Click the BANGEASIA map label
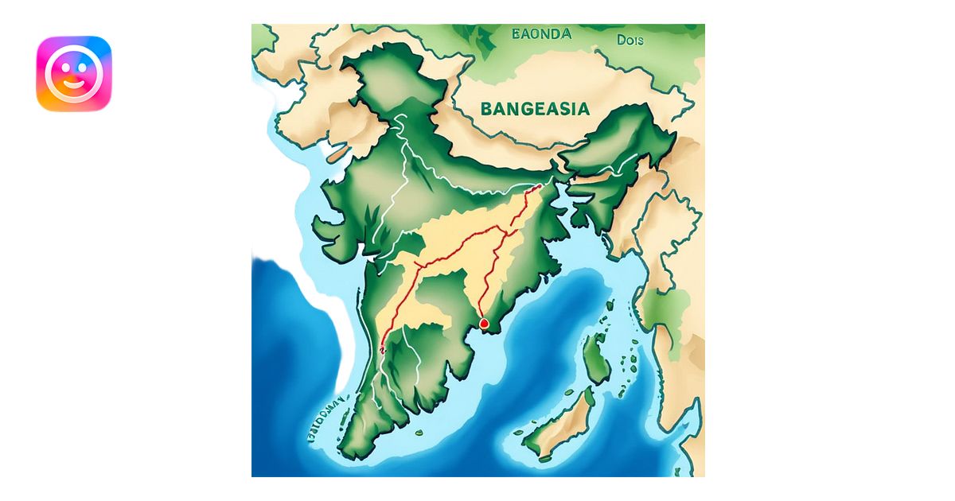pos(535,108)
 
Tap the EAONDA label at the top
pos(542,34)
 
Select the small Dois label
pos(630,40)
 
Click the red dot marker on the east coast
pos(484,324)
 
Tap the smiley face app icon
pos(74,73)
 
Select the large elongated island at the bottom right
pos(561,428)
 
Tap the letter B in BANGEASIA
pos(486,109)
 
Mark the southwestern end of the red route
pos(383,348)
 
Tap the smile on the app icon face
pos(74,82)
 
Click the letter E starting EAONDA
pos(516,34)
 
